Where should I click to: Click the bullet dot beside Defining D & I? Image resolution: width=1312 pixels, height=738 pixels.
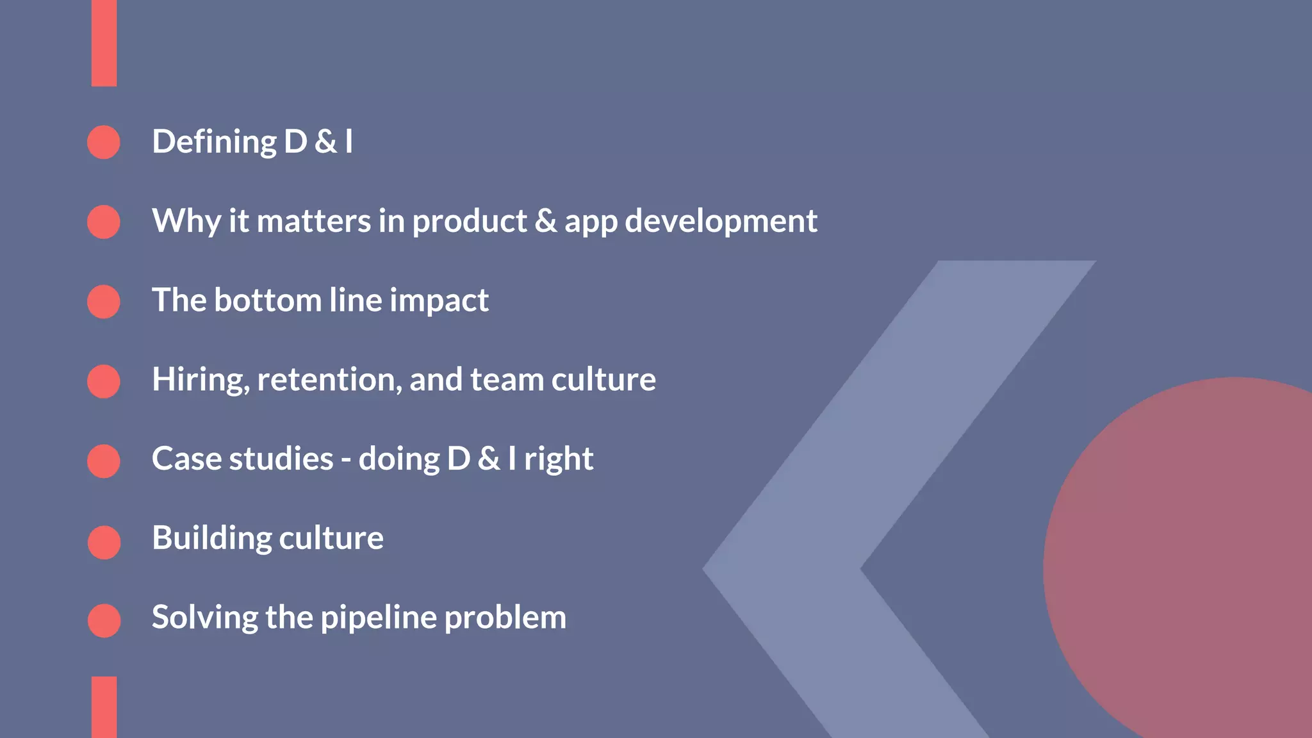[x=104, y=142]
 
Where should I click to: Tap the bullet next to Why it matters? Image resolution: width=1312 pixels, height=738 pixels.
[x=104, y=222]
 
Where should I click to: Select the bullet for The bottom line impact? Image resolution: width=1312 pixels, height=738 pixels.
[x=104, y=302]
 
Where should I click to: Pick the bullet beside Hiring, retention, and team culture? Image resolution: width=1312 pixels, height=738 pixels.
[x=104, y=381]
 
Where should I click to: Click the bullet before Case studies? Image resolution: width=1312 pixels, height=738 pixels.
[x=104, y=461]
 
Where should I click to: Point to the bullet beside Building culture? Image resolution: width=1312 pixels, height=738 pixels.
[x=104, y=542]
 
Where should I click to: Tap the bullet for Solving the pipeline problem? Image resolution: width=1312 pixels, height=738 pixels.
[x=104, y=620]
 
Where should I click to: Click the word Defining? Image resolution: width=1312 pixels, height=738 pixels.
[x=214, y=142]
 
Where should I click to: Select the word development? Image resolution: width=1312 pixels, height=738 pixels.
[x=721, y=222]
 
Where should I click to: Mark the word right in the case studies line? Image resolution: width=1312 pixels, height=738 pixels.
[x=559, y=460]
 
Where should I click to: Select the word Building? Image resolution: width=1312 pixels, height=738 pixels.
[x=211, y=538]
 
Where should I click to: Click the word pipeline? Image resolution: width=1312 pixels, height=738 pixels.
[x=378, y=618]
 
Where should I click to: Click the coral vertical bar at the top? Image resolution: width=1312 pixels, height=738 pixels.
[x=104, y=43]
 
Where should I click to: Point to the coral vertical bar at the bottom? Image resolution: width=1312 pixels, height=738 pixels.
[x=104, y=707]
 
